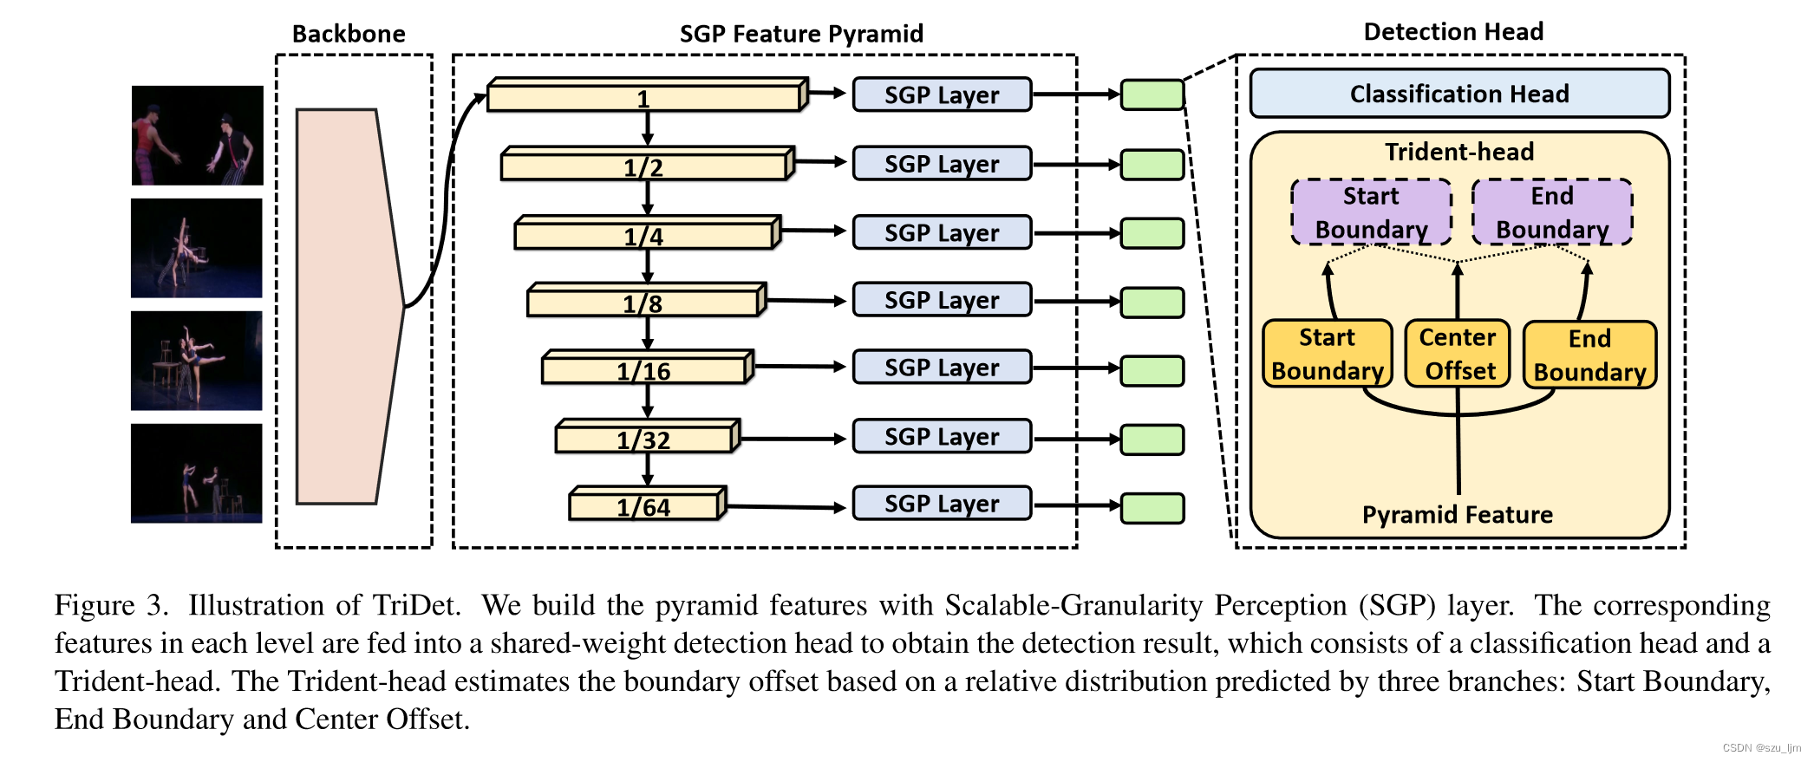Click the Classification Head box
click(x=1458, y=94)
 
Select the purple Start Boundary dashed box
click(x=1371, y=212)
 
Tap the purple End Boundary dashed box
click(x=1552, y=212)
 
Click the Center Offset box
click(x=1458, y=354)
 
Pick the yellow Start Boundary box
click(x=1327, y=354)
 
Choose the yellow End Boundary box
click(x=1589, y=355)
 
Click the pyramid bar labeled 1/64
click(x=644, y=506)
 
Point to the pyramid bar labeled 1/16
click(x=644, y=370)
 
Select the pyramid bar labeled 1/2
click(x=644, y=166)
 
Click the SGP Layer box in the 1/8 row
click(x=942, y=300)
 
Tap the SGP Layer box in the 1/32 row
click(x=942, y=436)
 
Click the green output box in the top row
click(x=1152, y=94)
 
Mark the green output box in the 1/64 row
click(x=1152, y=508)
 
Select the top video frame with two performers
click(x=197, y=135)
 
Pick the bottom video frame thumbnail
click(x=196, y=473)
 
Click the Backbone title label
click(x=349, y=34)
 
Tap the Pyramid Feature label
click(x=1457, y=515)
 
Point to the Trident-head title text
click(x=1458, y=152)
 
